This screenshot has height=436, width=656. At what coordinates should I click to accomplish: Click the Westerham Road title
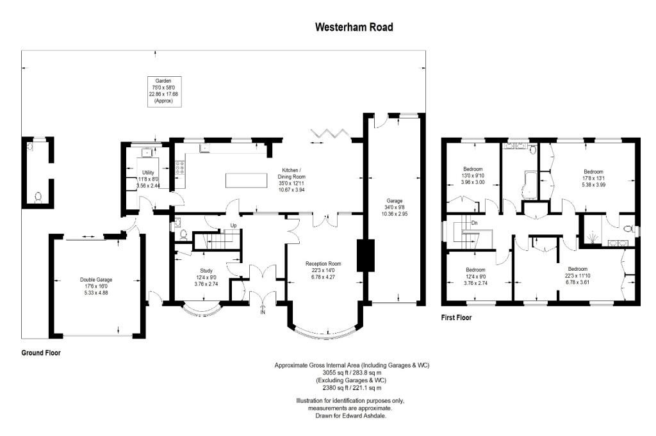(x=354, y=27)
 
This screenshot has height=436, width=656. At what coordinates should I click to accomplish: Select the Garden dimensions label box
(x=165, y=91)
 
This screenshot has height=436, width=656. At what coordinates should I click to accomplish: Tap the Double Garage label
(x=96, y=286)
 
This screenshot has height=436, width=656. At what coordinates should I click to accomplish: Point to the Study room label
(x=206, y=277)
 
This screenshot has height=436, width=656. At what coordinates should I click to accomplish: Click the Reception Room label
(x=323, y=270)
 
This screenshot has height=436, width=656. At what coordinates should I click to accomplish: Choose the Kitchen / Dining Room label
(x=291, y=180)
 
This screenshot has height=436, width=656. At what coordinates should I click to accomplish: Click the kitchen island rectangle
(x=246, y=181)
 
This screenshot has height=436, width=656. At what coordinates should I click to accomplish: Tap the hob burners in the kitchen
(x=180, y=168)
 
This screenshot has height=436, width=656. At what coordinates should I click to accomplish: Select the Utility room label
(x=148, y=179)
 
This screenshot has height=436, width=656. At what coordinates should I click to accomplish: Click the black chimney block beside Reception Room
(x=365, y=256)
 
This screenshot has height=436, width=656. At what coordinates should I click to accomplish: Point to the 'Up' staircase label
(x=233, y=226)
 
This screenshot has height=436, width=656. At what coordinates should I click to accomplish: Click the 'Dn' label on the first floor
(x=475, y=223)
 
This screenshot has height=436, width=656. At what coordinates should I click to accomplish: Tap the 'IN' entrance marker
(x=263, y=312)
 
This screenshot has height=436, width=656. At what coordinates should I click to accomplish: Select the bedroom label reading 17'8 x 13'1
(x=593, y=178)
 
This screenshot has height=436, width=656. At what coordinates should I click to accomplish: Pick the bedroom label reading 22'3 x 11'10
(x=577, y=275)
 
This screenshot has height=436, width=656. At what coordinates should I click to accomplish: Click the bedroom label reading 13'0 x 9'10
(x=473, y=175)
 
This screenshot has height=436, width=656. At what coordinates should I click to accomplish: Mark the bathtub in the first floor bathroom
(x=529, y=184)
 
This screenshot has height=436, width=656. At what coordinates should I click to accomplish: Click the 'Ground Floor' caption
(x=41, y=353)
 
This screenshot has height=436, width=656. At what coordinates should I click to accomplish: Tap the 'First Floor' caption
(x=456, y=318)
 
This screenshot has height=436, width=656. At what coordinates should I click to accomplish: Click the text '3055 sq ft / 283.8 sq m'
(x=352, y=373)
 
